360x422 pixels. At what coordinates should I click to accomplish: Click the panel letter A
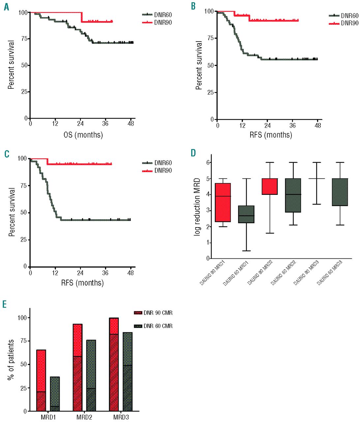pyautogui.click(x=7, y=7)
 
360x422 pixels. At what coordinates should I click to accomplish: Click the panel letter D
pyautogui.click(x=194, y=153)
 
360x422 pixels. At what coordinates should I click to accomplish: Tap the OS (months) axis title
pyautogui.click(x=83, y=135)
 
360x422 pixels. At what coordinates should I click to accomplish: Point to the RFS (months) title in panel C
pyautogui.click(x=82, y=283)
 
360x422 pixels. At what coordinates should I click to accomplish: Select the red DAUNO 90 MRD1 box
pyautogui.click(x=223, y=202)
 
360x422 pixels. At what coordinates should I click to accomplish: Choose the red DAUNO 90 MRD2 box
pyautogui.click(x=270, y=186)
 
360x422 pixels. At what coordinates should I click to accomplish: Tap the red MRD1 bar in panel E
pyautogui.click(x=41, y=380)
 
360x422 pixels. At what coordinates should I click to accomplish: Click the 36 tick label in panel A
pyautogui.click(x=105, y=124)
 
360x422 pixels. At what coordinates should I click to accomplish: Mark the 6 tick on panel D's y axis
pyautogui.click(x=208, y=162)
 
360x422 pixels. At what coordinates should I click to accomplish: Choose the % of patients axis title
pyautogui.click(x=11, y=360)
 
